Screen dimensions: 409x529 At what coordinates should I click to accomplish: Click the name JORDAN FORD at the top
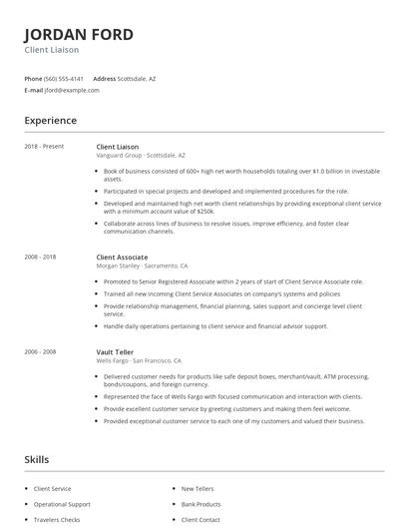[79, 34]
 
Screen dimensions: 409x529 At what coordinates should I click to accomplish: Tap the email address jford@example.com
[72, 90]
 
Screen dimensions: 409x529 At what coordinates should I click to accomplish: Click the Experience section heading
[51, 121]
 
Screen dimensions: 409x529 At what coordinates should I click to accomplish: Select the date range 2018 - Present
[44, 147]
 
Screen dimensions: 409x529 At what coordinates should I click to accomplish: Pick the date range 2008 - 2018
[41, 258]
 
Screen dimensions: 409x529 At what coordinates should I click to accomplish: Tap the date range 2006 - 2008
[41, 351]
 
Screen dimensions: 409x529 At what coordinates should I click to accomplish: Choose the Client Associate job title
[121, 258]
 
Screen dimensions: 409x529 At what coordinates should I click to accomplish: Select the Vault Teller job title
[115, 351]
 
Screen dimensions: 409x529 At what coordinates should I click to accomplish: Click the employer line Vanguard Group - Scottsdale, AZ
[141, 156]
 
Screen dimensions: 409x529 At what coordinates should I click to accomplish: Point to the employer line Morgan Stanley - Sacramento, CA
[142, 266]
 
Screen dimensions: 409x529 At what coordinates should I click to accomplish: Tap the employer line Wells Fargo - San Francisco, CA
[139, 360]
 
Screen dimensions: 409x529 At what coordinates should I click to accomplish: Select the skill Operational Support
[63, 505]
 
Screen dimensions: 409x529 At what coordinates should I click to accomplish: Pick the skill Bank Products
[201, 505]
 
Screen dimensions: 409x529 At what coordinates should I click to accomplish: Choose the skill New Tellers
[199, 489]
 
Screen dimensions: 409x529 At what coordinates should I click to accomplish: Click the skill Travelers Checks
[58, 520]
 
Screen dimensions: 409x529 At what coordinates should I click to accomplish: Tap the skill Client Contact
[201, 520]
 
